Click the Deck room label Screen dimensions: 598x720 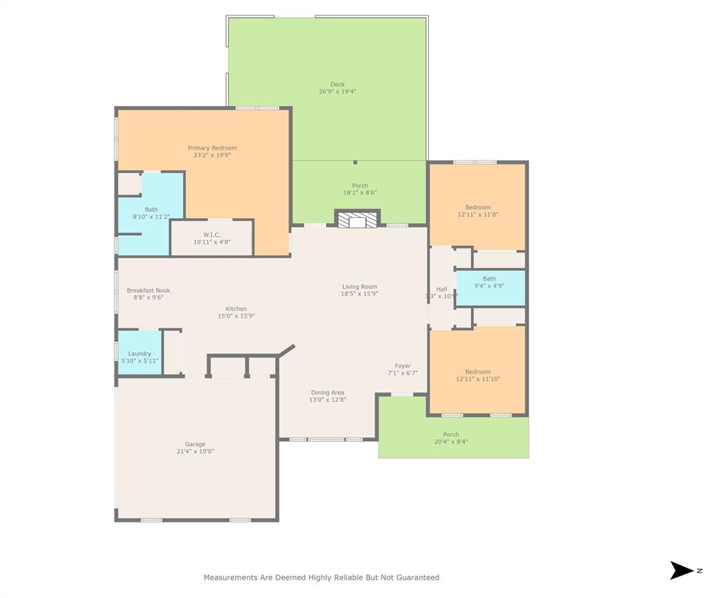pos(337,84)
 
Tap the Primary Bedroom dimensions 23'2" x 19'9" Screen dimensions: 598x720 pos(212,155)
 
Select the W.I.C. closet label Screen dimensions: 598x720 pos(212,234)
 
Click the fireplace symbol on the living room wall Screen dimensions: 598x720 pos(357,220)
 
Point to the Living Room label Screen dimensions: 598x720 pos(359,287)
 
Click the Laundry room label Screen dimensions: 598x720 pos(139,354)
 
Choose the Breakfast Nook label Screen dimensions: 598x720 pos(148,290)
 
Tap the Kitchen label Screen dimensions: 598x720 pos(236,309)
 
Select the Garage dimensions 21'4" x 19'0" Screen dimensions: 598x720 pos(195,451)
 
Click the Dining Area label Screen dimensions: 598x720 pos(327,392)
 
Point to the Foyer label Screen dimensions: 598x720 pos(402,366)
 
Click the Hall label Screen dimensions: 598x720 pos(441,289)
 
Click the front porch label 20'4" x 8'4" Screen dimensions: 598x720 pos(451,438)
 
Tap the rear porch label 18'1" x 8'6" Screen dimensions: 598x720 pos(360,189)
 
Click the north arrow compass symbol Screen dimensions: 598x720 pos(681,571)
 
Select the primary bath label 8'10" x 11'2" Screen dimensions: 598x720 pos(150,213)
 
